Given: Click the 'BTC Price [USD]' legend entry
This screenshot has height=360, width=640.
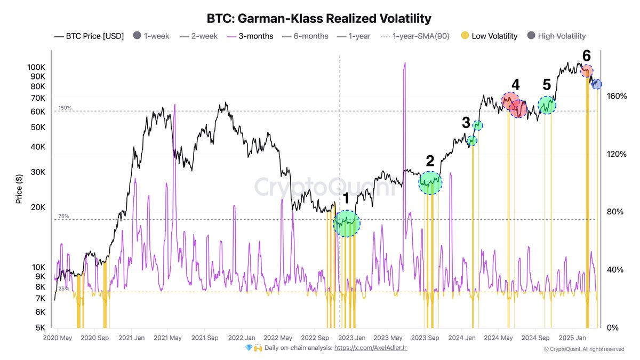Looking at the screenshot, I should [x=89, y=36].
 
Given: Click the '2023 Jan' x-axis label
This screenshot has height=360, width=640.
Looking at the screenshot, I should [x=352, y=338].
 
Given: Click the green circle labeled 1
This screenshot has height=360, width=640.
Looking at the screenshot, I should [x=347, y=223].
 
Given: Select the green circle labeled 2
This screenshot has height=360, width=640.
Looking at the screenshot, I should [x=430, y=182].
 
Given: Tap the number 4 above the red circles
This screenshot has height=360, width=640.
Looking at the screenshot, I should [x=515, y=84].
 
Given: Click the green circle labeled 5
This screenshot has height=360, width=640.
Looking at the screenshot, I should [x=547, y=105].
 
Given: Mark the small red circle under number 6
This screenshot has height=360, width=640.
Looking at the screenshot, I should [x=586, y=71].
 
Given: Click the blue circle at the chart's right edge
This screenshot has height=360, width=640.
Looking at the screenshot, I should [x=596, y=84].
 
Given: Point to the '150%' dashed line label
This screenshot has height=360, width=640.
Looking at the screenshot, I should [x=65, y=108].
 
